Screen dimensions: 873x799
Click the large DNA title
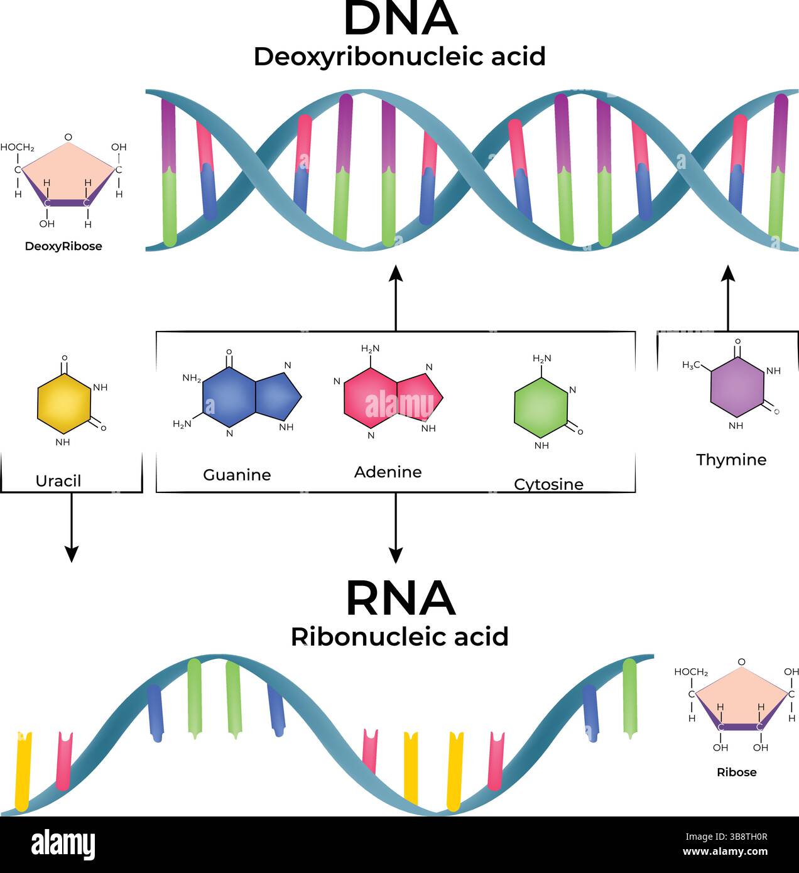pos(400,19)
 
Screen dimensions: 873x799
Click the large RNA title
pos(400,599)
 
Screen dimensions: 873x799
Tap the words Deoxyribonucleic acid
pos(399,57)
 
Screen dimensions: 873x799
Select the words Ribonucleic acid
pos(399,637)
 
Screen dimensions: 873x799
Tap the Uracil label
pos(58,481)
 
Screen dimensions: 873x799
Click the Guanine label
pos(237,475)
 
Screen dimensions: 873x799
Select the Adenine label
pos(388,472)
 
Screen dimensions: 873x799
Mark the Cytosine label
pos(548,484)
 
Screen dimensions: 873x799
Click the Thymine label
pos(731,460)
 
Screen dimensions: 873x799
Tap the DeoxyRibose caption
pos(63,246)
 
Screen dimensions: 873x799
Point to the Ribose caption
pos(736,773)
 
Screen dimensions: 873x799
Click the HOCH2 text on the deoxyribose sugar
pos(17,148)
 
